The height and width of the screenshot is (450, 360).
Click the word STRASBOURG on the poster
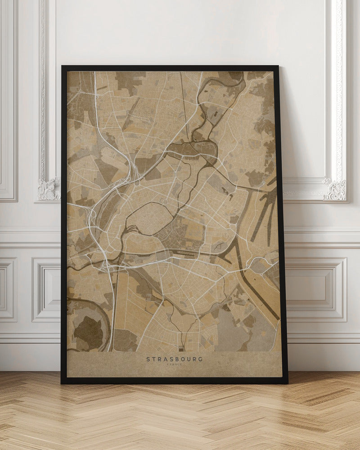(x=174, y=359)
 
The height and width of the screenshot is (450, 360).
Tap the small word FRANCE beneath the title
(x=174, y=364)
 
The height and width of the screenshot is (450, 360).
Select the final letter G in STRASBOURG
(x=200, y=359)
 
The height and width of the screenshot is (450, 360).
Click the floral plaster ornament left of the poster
(x=49, y=189)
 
